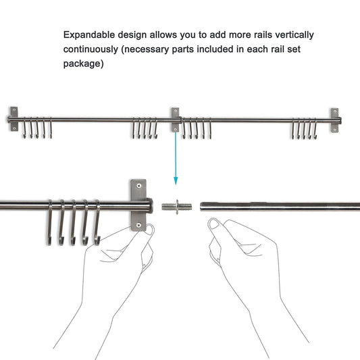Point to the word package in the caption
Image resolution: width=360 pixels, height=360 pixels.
(82, 64)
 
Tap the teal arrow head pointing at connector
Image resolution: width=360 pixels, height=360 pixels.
(176, 180)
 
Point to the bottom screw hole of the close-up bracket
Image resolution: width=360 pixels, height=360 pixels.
(139, 224)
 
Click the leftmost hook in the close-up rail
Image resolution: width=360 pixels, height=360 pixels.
(51, 223)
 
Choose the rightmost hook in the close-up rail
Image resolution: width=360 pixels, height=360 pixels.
(97, 223)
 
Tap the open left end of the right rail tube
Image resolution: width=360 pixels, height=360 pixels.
(202, 206)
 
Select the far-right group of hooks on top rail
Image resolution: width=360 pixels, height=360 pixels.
(304, 128)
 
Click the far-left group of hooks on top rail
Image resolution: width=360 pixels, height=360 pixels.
(37, 128)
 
